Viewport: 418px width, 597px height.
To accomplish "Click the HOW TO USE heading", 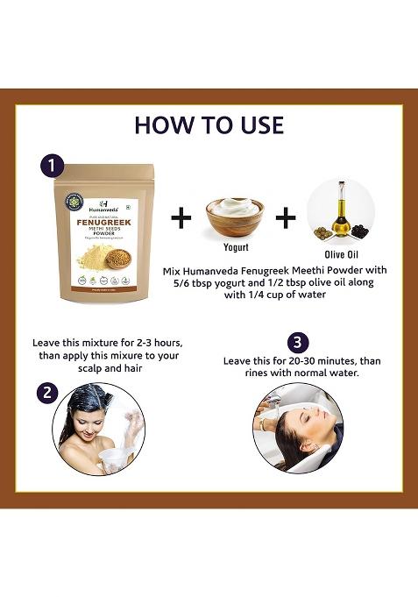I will point(209,124).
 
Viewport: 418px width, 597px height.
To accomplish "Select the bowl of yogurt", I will point(235,214).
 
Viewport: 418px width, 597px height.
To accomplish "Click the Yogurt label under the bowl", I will point(235,246).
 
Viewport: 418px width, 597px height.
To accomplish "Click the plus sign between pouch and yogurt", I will point(180,217).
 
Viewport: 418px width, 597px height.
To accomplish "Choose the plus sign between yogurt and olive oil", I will point(286,217).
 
